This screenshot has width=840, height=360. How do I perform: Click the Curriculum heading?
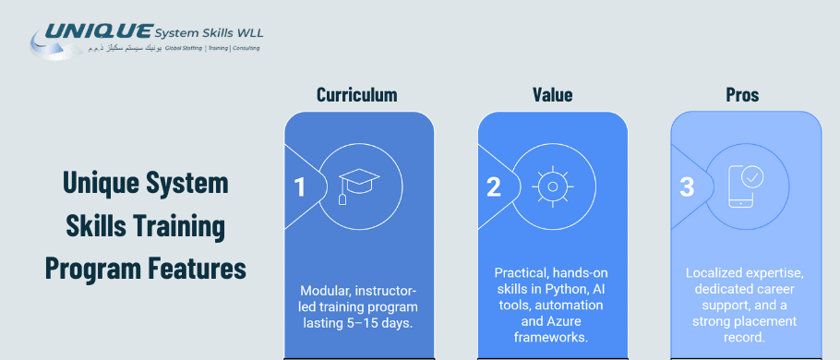[357, 95]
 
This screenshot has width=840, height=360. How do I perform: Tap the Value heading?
[552, 95]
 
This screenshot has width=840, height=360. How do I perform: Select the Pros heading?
[742, 95]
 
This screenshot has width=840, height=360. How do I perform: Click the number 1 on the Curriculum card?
[299, 187]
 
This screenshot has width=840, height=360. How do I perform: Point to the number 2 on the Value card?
[493, 187]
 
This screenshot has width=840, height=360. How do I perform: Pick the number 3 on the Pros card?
[686, 187]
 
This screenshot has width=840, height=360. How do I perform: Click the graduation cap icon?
[359, 185]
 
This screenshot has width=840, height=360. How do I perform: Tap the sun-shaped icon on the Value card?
[552, 186]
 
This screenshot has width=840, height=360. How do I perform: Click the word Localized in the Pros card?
[717, 273]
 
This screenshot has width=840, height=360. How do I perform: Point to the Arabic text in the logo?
[125, 48]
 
